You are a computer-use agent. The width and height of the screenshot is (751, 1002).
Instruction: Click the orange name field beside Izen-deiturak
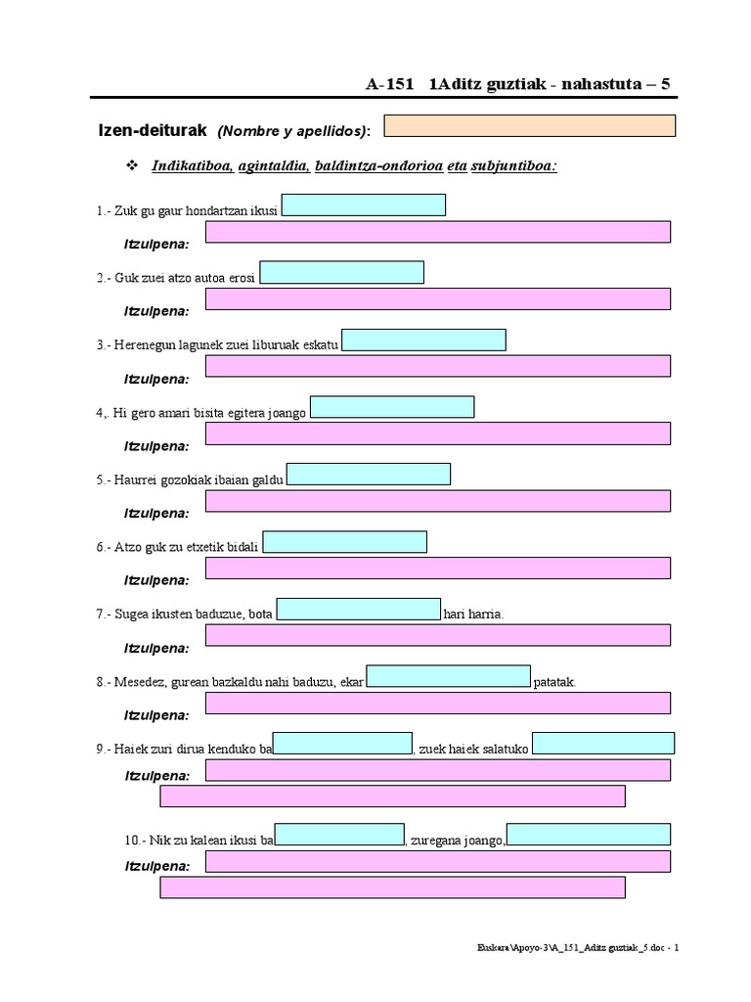pos(529,126)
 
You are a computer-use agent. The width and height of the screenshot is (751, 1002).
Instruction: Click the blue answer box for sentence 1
pos(363,205)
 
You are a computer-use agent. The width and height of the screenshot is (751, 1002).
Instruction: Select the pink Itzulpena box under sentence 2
pos(438,298)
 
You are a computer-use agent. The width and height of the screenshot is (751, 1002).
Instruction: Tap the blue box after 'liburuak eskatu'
pos(423,340)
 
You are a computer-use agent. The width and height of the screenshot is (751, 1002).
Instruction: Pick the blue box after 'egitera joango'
pos(392,407)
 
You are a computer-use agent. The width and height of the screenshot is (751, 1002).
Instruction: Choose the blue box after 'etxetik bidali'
pos(345,542)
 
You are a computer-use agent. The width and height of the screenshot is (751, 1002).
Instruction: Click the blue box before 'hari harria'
pos(359,610)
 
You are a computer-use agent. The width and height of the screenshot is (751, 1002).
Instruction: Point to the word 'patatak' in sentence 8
pos(555,682)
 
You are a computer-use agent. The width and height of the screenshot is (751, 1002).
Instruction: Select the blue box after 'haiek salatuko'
pos(602,744)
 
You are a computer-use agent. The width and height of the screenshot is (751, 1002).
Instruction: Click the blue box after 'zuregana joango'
pos(588,835)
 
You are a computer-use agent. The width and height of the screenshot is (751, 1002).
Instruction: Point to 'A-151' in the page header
pos(391,84)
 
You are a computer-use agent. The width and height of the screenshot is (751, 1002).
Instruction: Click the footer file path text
pos(577,947)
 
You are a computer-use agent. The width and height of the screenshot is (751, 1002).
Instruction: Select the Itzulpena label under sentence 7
pos(156,648)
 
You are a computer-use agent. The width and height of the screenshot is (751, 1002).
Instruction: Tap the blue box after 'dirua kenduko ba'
pos(342,744)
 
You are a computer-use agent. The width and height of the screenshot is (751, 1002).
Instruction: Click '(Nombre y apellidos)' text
pos(294,131)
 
